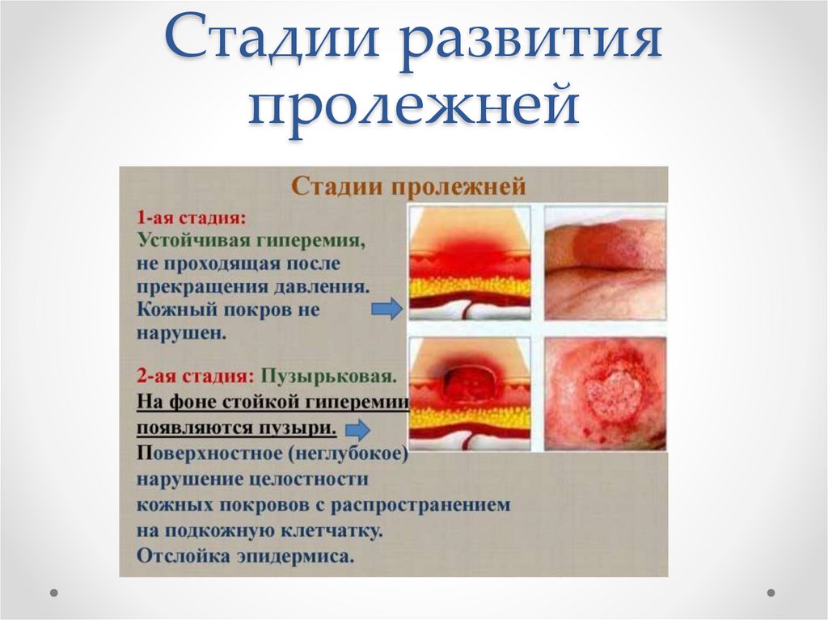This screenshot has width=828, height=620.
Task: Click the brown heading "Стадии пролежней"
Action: pos(408,187)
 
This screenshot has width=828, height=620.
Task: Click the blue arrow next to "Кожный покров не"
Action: pos(386,309)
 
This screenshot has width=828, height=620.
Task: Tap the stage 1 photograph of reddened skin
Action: pos(605,263)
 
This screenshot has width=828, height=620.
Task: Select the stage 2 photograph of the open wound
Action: pos(605,394)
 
